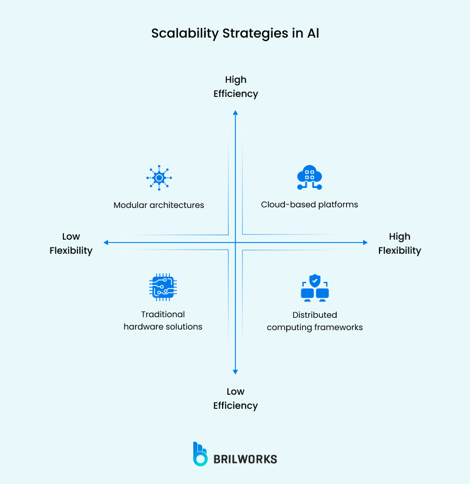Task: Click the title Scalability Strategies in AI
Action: click(x=235, y=33)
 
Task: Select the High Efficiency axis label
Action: click(x=236, y=86)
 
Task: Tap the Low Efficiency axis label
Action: click(x=236, y=398)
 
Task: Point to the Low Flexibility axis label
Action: click(x=71, y=243)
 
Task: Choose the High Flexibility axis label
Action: click(x=399, y=243)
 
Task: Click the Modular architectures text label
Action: click(x=159, y=205)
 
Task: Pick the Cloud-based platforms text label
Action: click(x=310, y=205)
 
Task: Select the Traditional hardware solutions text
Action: click(x=163, y=321)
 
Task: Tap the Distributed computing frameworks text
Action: click(x=315, y=321)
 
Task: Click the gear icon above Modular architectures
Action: click(x=159, y=177)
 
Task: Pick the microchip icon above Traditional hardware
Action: click(x=163, y=287)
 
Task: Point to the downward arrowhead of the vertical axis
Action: click(x=235, y=371)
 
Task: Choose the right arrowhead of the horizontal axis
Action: click(x=365, y=242)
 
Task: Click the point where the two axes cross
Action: click(x=235, y=242)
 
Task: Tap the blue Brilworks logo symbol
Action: click(x=200, y=454)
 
